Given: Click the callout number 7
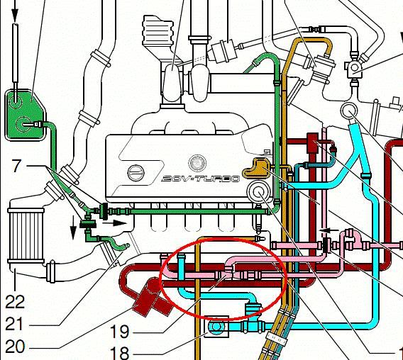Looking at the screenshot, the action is [16, 166].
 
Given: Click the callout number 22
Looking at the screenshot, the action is [15, 301].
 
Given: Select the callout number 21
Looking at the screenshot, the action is [15, 324].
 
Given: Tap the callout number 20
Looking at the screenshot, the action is [15, 347].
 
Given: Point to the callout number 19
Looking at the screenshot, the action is [119, 332].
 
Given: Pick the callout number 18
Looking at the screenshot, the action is [119, 354].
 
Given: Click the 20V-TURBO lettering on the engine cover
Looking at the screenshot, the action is [201, 179].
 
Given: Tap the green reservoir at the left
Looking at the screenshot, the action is [24, 115].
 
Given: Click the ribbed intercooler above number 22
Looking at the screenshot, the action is [26, 236].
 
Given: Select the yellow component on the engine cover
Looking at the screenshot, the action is [257, 168].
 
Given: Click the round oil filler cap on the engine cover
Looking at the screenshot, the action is [136, 172].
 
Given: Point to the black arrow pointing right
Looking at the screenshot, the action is [115, 223].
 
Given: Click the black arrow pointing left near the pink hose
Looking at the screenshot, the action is [329, 230].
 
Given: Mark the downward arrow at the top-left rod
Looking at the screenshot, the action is [15, 11].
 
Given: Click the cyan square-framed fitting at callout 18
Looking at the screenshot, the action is [216, 327].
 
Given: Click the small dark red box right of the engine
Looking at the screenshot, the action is [313, 142].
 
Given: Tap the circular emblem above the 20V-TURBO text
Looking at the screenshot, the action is [197, 163].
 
